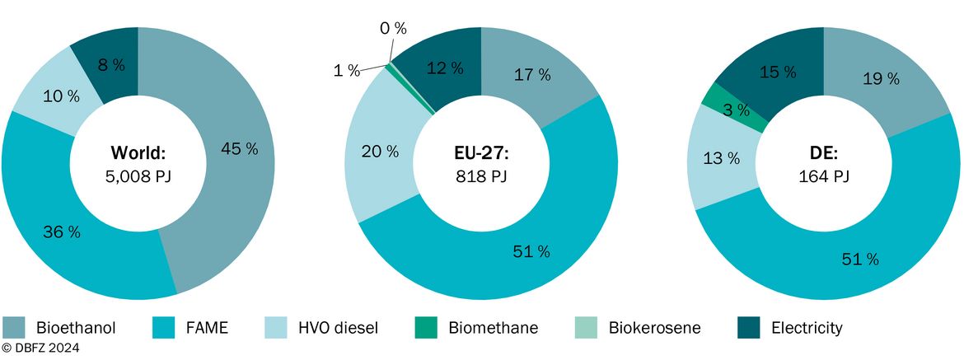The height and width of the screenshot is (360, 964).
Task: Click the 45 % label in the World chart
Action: [x=239, y=148]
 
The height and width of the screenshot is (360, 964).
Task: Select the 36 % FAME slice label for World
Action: [x=62, y=232]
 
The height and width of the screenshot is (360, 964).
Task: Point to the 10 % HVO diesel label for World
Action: [x=61, y=96]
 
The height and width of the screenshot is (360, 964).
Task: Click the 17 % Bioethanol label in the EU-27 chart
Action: [x=531, y=75]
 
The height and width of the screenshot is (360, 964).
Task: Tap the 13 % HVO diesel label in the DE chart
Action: [x=721, y=158]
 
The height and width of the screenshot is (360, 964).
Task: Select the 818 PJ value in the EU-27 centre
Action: [x=481, y=178]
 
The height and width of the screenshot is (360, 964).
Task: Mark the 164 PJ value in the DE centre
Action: [x=823, y=178]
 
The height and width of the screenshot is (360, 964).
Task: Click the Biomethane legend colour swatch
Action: [x=425, y=327]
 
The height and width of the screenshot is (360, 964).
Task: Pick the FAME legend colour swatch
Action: [x=162, y=327]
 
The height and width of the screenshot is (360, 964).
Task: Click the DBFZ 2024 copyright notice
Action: [x=40, y=348]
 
